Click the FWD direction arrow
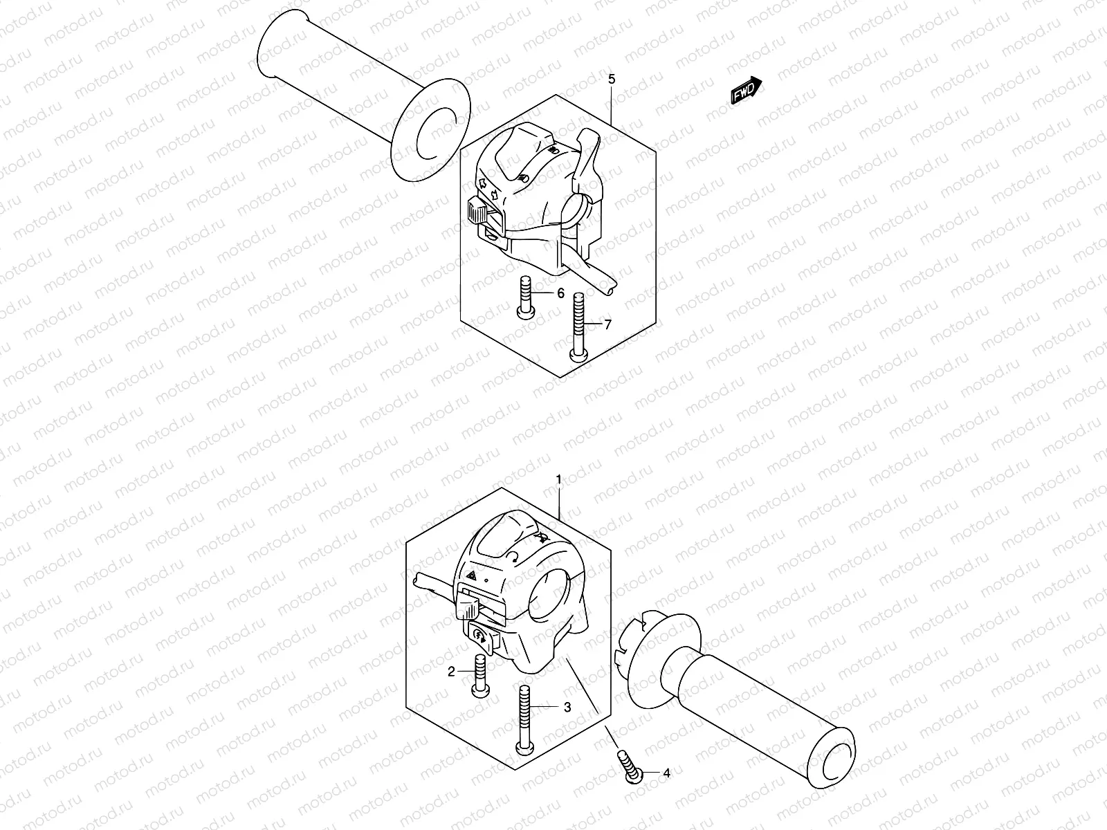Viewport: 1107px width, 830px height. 746,91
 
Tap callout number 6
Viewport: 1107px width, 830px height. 561,293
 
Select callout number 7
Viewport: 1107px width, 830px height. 607,324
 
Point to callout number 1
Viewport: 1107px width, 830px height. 558,479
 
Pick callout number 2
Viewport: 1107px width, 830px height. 450,671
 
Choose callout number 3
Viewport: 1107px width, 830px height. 567,707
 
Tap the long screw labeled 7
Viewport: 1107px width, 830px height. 578,325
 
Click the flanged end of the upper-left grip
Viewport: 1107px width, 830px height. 430,130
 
